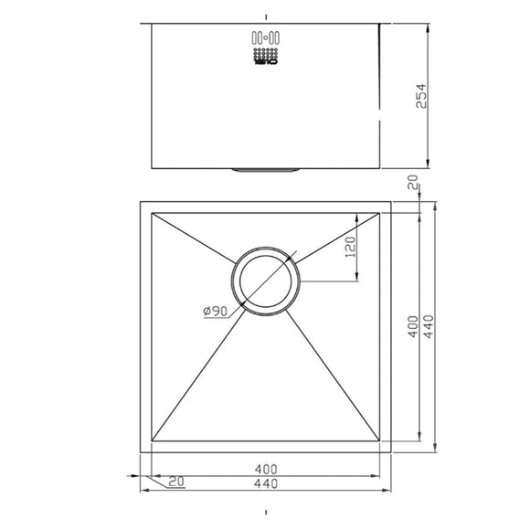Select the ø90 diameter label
(x=216, y=311)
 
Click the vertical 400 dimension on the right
(x=413, y=326)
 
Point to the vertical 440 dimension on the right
(x=427, y=326)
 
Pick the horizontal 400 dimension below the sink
(x=265, y=469)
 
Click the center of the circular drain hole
(x=265, y=281)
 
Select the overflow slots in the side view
(x=264, y=39)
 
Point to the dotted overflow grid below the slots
(x=264, y=56)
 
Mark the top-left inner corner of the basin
(x=151, y=213)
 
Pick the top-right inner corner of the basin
(x=380, y=213)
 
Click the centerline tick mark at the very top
(x=265, y=16)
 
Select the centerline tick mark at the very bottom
(x=265, y=513)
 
